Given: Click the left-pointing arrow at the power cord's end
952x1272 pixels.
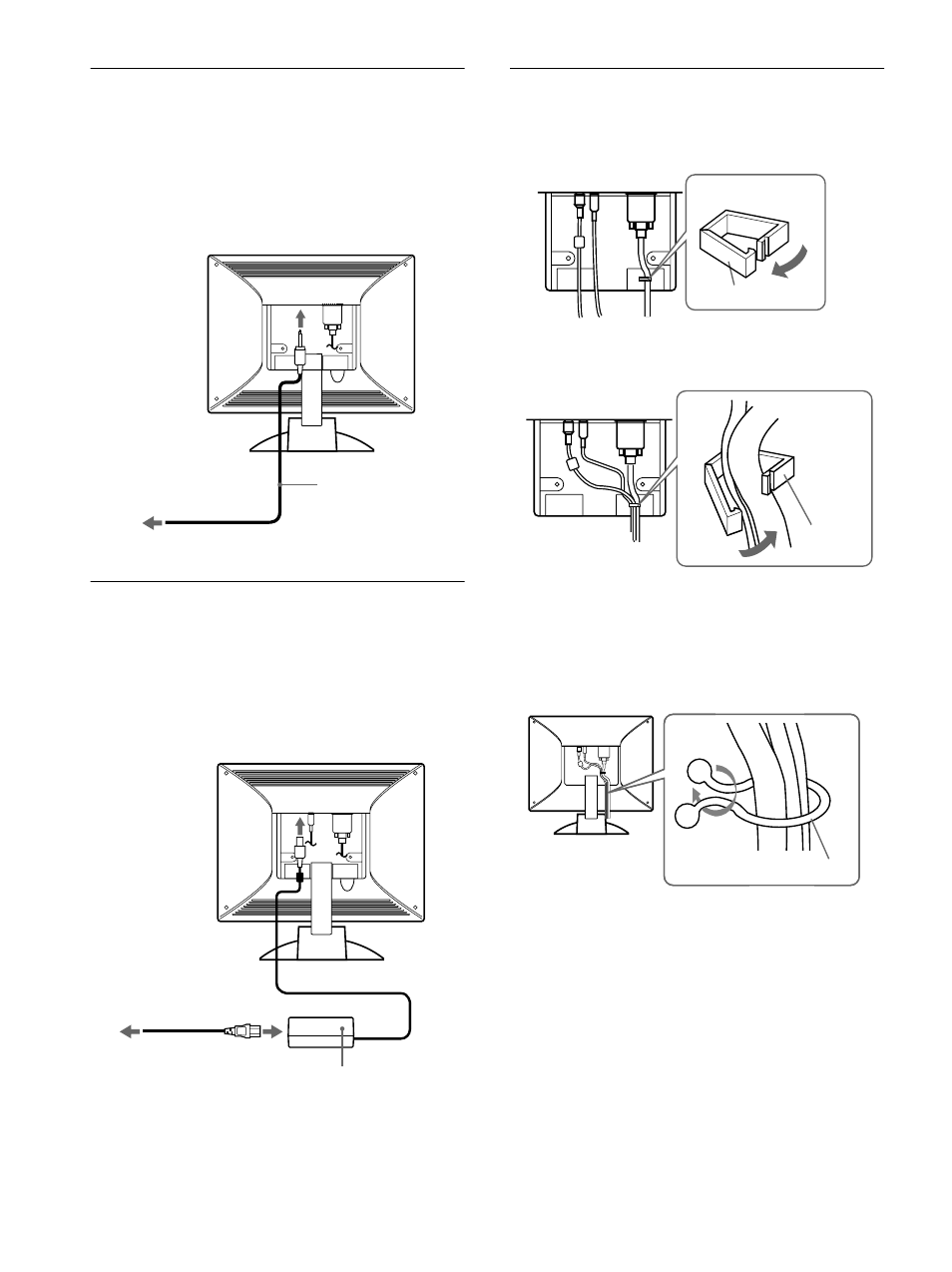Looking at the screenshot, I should point(131,1032).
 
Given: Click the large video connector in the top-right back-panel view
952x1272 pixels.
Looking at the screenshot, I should point(639,213).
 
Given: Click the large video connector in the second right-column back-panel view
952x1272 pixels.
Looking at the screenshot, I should point(631,437).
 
